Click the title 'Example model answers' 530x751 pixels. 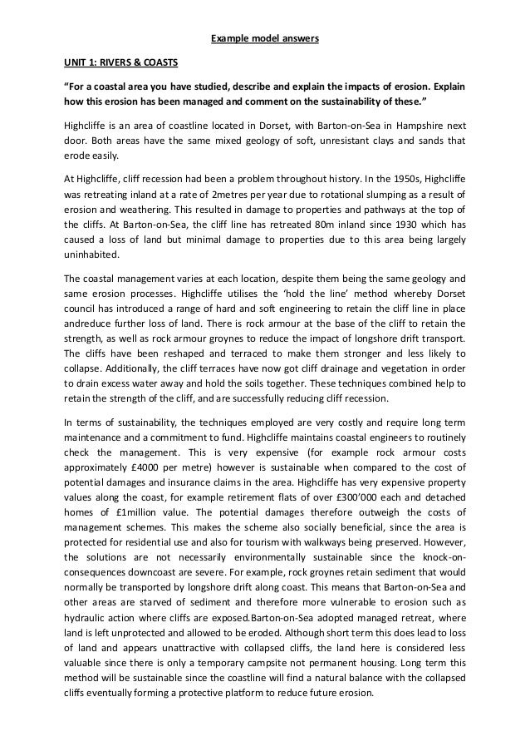click(264, 39)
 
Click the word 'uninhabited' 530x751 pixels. click(91, 255)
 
